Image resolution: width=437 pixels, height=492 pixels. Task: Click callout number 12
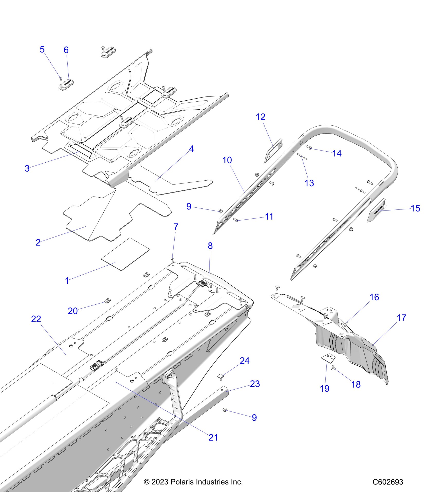[x=260, y=117]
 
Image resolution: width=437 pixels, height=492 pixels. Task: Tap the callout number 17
[x=401, y=318]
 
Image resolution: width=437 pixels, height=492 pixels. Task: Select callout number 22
[x=36, y=319]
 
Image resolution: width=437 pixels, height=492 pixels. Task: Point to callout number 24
[x=244, y=361]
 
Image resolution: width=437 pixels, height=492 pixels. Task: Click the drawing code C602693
[x=388, y=482]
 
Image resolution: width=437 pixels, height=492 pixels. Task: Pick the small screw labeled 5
[x=61, y=78]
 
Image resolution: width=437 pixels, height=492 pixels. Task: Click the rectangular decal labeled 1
[x=125, y=254]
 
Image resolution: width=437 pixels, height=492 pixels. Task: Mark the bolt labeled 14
[x=309, y=148]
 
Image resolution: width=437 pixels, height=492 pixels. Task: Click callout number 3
[x=27, y=169]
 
